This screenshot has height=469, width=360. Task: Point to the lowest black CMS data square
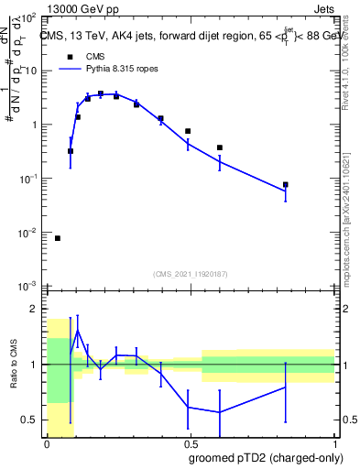click(x=58, y=238)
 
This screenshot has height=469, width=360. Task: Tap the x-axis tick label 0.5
click(x=191, y=443)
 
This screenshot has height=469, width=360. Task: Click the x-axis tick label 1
click(x=335, y=443)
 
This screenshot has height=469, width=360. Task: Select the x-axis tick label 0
click(x=47, y=443)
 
